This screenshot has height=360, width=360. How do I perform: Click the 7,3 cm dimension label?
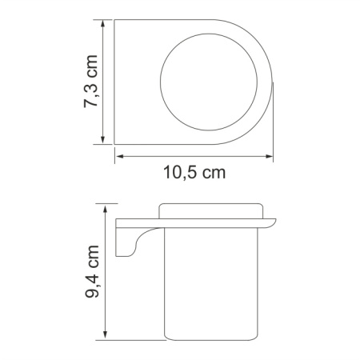[x=91, y=82]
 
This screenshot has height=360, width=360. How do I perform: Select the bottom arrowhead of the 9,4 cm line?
[x=105, y=336]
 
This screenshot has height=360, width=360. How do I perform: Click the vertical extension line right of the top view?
[x=274, y=120]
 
